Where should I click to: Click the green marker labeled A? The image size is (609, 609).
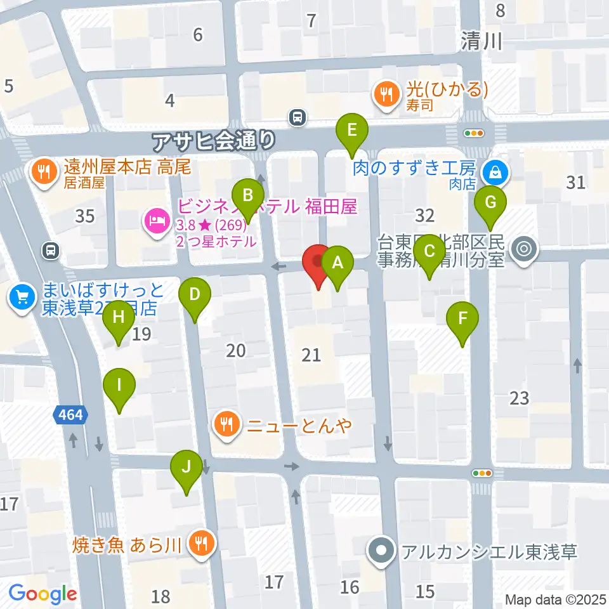pos(337,262)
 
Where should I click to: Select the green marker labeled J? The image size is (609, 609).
pos(187,467)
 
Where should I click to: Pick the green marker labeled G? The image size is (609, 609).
pos(490,202)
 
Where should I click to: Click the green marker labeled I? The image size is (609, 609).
pos(121,385)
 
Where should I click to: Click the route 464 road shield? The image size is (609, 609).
pos(70,416)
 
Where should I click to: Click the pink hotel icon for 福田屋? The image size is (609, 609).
pos(156,223)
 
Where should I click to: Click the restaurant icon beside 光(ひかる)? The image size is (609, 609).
pos(385,95)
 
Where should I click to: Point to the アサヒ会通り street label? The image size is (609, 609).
pos(214,138)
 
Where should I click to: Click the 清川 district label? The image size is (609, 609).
pos(481,42)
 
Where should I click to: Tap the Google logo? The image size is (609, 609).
pos(43,594)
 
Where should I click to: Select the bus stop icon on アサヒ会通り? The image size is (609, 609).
pos(297,117)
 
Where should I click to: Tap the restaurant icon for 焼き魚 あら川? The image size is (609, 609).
pos(201,543)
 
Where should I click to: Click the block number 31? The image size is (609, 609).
pos(575,183)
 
